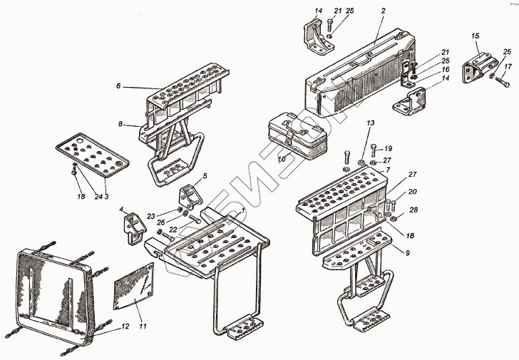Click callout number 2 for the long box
click(383, 11)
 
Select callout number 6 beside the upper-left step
click(120, 86)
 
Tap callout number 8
click(120, 125)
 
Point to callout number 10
click(282, 159)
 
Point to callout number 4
click(122, 210)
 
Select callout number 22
click(173, 228)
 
